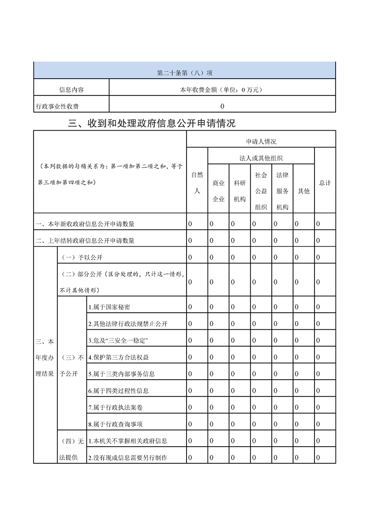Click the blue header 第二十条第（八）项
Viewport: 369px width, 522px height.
[x=185, y=73]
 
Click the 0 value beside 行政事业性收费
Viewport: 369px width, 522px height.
[x=222, y=106]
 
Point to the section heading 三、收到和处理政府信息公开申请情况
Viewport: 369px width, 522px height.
[x=152, y=123]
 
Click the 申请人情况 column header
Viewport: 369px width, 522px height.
[x=261, y=141]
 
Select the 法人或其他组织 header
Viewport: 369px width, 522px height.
[x=261, y=158]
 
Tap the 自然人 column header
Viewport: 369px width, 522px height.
[x=197, y=183]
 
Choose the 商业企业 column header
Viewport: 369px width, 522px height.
[x=218, y=191]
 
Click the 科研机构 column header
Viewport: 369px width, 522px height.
[x=240, y=191]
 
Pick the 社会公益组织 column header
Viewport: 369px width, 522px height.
[x=261, y=191]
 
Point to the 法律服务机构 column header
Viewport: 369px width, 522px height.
[x=282, y=191]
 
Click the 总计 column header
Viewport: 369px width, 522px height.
[x=325, y=183]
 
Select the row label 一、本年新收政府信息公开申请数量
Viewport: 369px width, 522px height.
[x=85, y=224]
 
